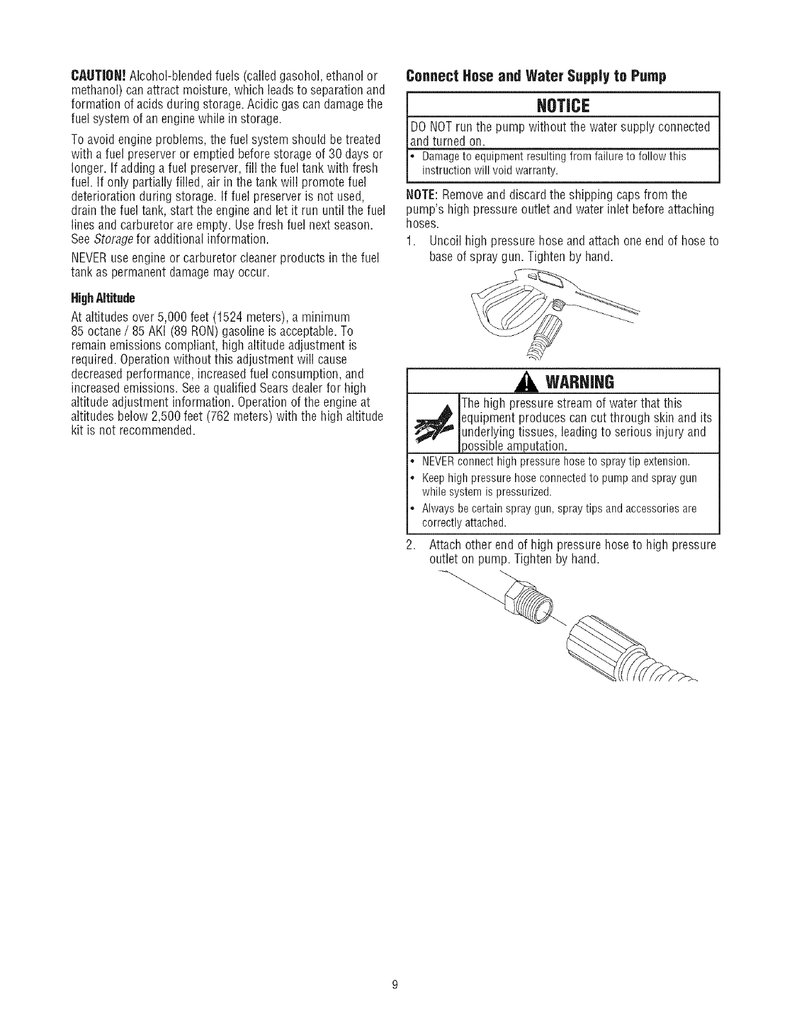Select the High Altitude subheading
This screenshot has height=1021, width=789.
[102, 298]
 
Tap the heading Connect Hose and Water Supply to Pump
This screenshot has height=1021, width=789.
[535, 75]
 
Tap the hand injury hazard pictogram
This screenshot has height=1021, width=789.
[432, 423]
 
